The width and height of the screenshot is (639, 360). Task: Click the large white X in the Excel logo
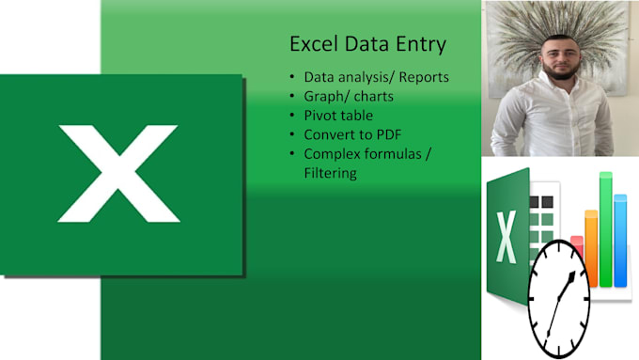(118, 173)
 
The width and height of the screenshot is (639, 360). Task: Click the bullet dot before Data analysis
(293, 76)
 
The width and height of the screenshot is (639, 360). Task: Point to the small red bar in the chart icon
(577, 246)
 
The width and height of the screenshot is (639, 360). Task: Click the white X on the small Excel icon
(505, 237)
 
